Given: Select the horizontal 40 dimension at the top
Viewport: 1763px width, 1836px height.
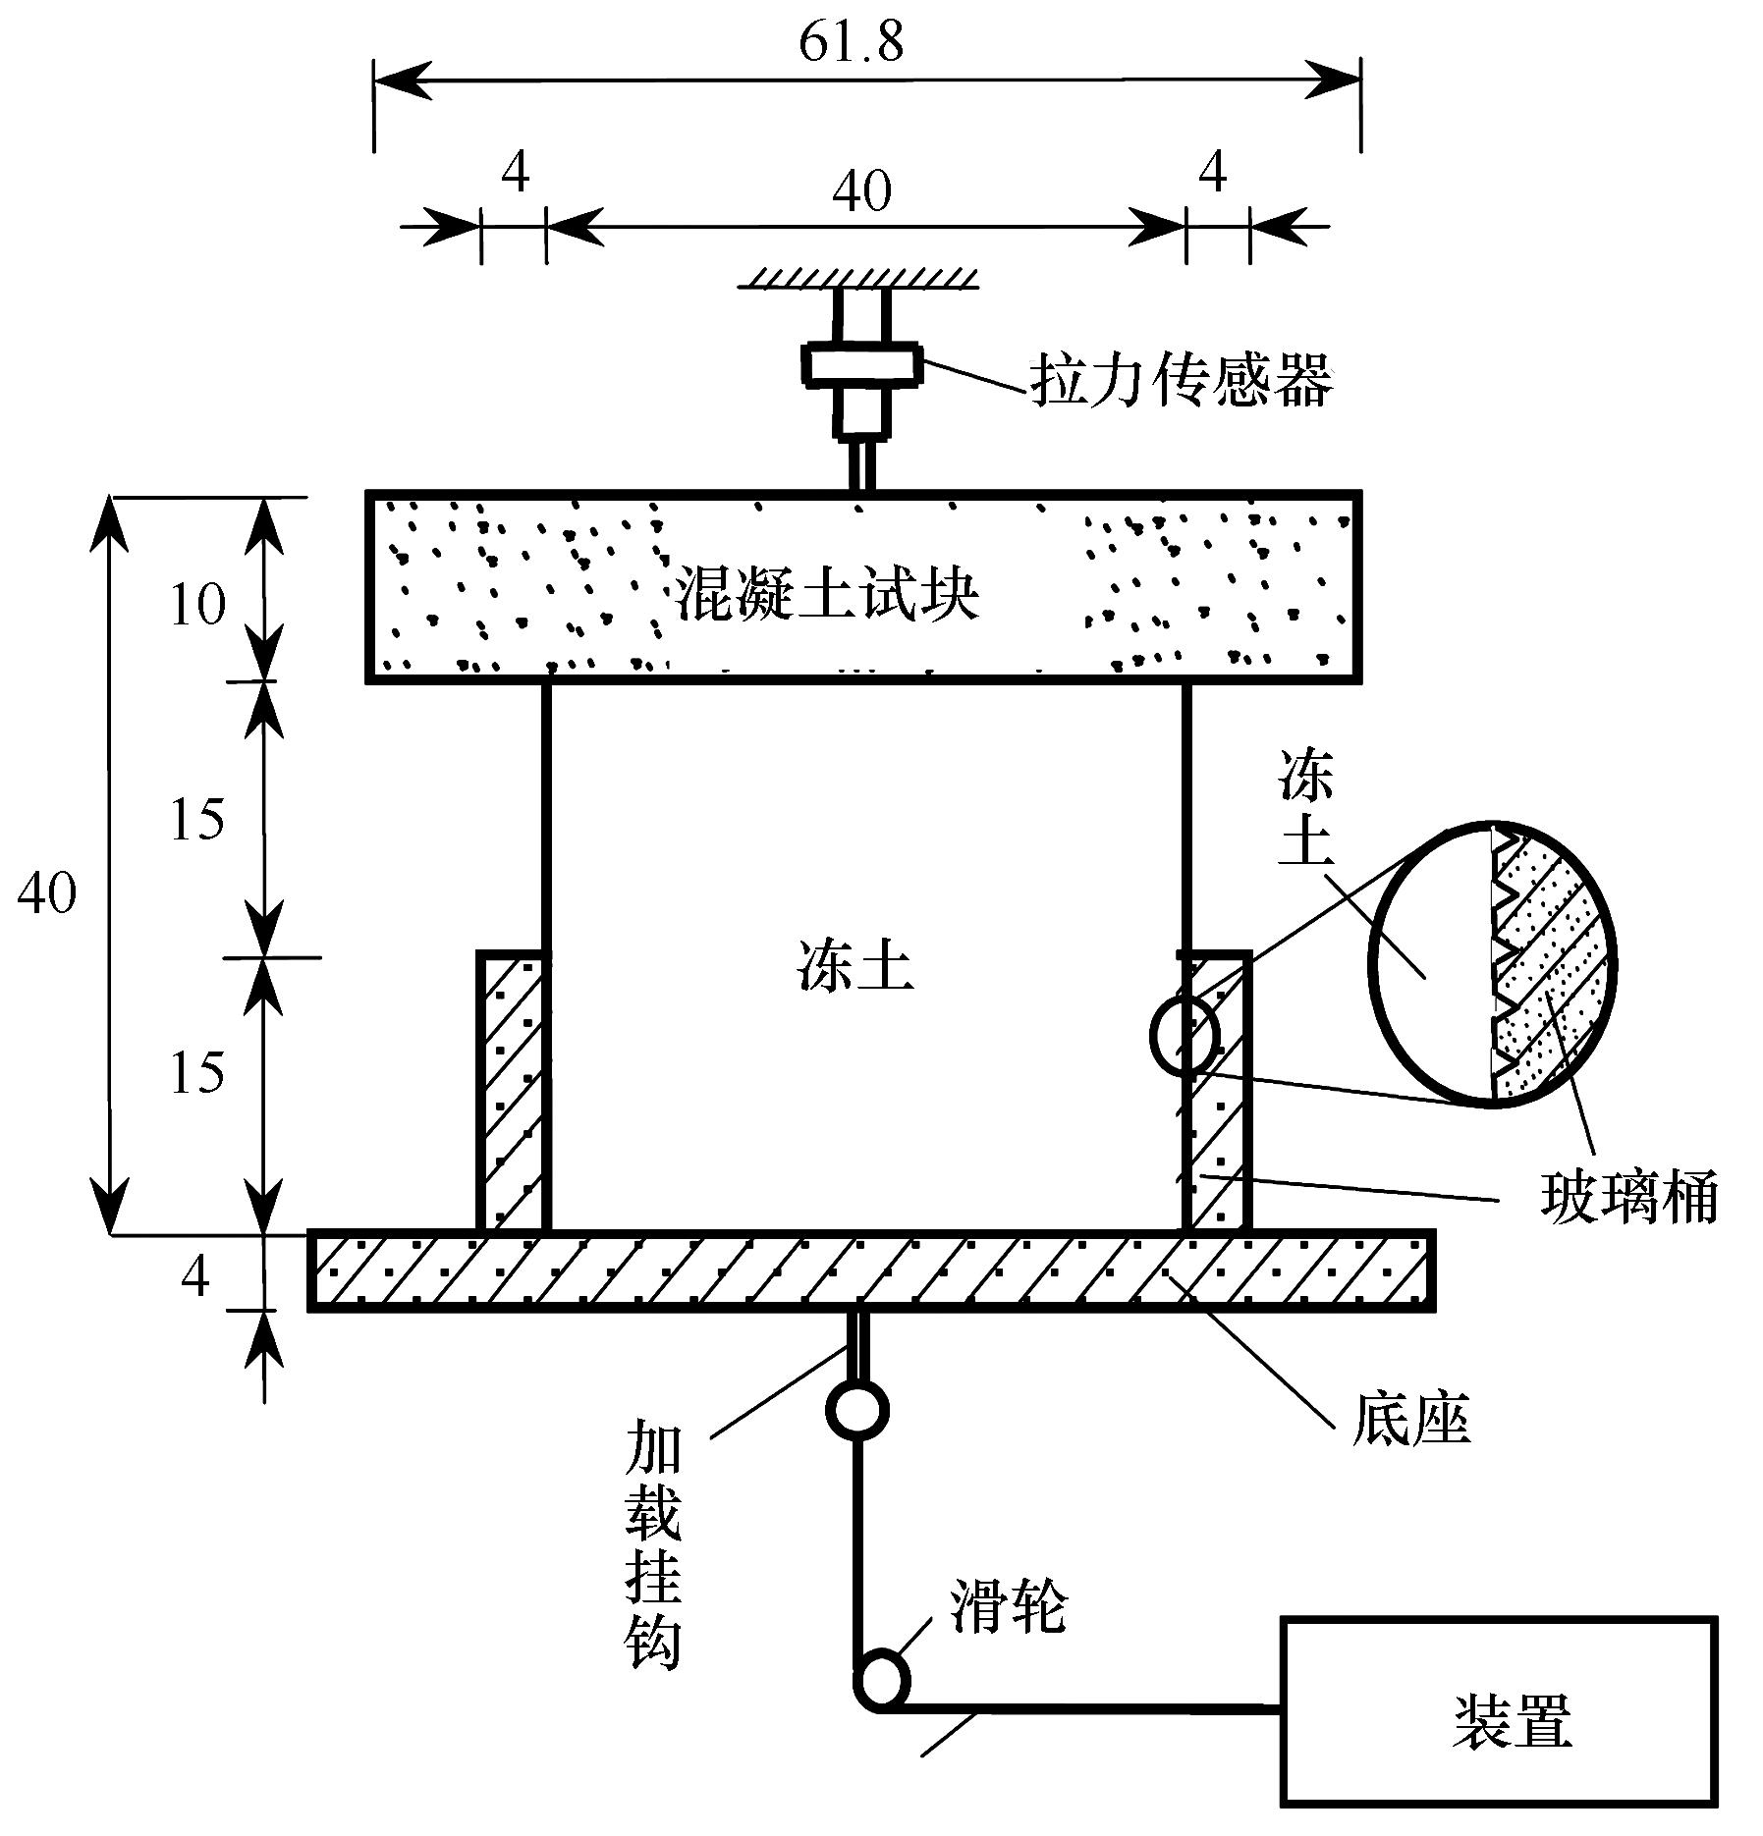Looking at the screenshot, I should click(861, 190).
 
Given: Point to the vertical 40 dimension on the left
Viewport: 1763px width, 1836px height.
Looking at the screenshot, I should click(47, 892).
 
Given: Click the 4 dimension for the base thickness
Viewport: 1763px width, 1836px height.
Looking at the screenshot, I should click(195, 1276).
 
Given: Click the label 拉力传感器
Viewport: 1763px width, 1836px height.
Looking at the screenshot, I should click(1182, 381).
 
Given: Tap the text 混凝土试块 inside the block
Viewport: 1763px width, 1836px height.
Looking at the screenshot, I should click(827, 594).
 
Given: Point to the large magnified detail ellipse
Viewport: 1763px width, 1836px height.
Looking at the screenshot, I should click(1491, 962).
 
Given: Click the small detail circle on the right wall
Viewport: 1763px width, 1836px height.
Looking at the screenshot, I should click(1185, 1035).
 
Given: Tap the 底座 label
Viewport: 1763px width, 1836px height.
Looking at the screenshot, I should click(1410, 1420).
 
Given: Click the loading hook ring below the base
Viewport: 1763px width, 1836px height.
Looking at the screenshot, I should click(857, 1411).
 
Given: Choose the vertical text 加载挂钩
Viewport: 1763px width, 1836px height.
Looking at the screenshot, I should click(653, 1557).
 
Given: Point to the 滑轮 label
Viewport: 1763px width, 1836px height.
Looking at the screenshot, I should click(1007, 1607).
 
